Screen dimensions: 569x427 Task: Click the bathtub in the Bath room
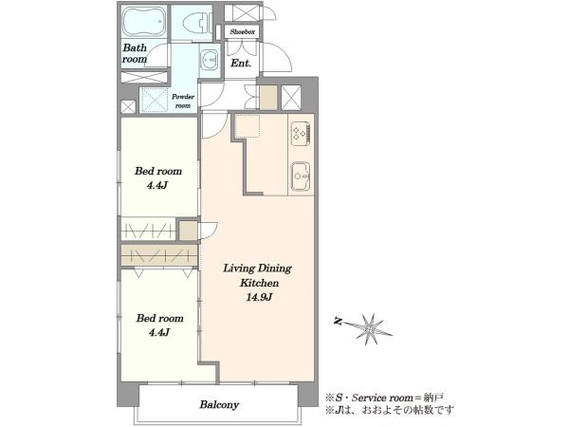pyautogui.click(x=144, y=21)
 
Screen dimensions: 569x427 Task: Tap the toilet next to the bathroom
pyautogui.click(x=196, y=23)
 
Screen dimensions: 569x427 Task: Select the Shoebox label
pyautogui.click(x=243, y=32)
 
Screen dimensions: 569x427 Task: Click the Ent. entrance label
pyautogui.click(x=241, y=64)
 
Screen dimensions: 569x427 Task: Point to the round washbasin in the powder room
pyautogui.click(x=209, y=59)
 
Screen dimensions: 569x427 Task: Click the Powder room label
pyautogui.click(x=183, y=102)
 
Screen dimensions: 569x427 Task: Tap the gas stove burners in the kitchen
pyautogui.click(x=301, y=133)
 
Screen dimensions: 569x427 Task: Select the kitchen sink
pyautogui.click(x=301, y=176)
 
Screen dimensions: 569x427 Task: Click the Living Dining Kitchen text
pyautogui.click(x=257, y=275)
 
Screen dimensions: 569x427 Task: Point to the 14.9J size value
pyautogui.click(x=259, y=298)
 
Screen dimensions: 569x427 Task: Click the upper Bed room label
pyautogui.click(x=158, y=171)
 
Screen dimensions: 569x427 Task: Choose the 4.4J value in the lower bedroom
pyautogui.click(x=159, y=333)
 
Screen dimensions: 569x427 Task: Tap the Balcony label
pyautogui.click(x=219, y=405)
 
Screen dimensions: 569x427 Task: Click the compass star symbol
pyautogui.click(x=370, y=328)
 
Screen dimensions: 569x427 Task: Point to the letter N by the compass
pyautogui.click(x=339, y=322)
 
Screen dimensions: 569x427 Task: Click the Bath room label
pyautogui.click(x=135, y=53)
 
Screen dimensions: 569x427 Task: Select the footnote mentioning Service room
pyautogui.click(x=385, y=398)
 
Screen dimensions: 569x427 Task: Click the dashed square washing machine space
pyautogui.click(x=155, y=98)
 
